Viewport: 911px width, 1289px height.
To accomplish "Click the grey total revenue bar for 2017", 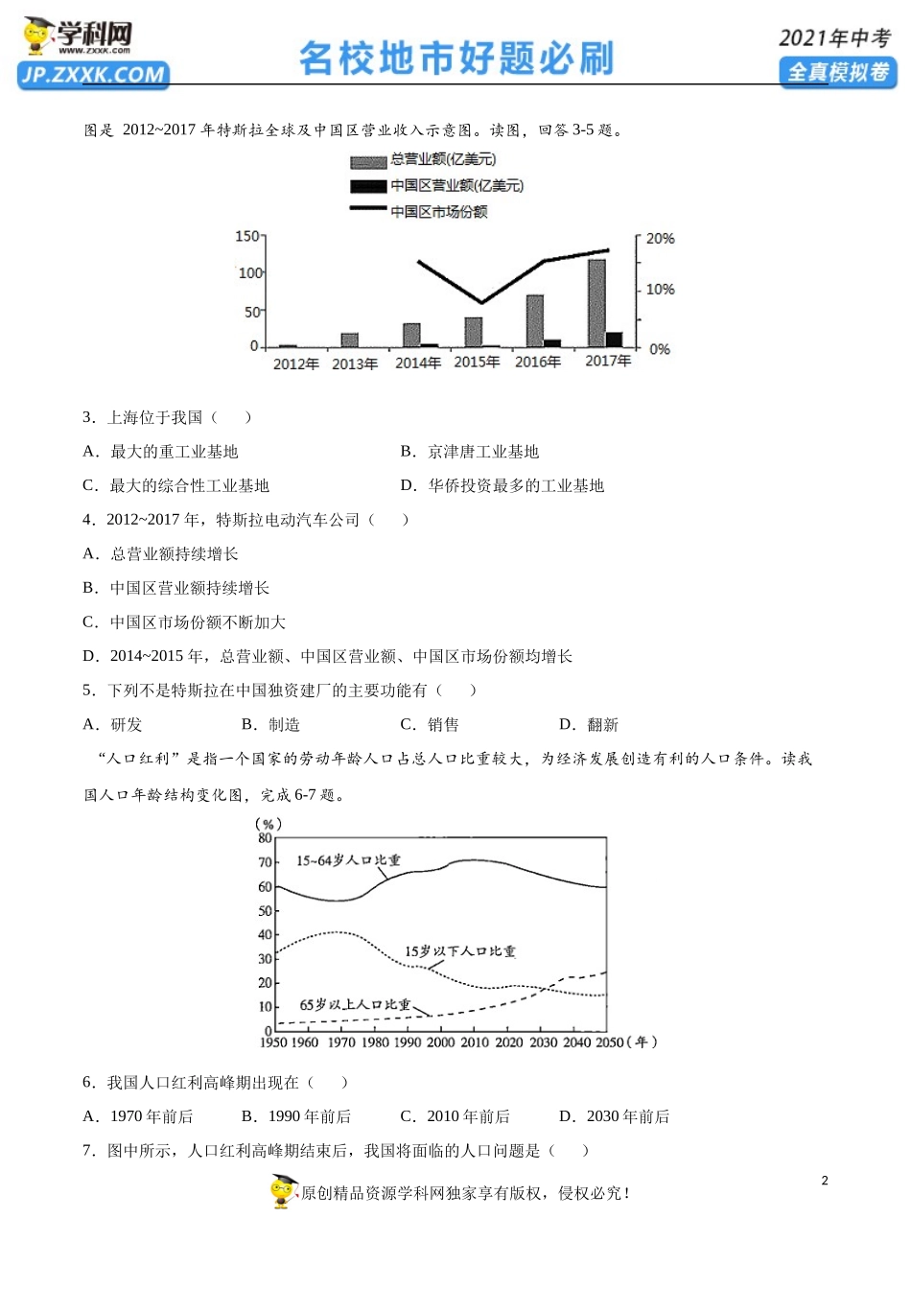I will [x=596, y=303].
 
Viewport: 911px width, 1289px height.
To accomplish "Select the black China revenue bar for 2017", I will [x=614, y=340].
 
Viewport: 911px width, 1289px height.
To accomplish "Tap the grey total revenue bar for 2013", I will [x=350, y=340].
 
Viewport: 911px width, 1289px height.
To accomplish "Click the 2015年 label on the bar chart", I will [x=477, y=363].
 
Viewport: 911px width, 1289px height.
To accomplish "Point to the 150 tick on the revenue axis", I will [x=246, y=236].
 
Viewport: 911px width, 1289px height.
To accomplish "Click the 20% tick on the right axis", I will [x=660, y=239].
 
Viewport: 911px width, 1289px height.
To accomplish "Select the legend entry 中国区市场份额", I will [x=438, y=212].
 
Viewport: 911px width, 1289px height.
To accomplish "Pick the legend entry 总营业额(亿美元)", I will [x=443, y=159].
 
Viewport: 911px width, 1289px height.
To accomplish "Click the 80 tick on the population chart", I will [x=266, y=837].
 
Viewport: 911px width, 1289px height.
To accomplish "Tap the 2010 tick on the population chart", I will [x=475, y=1043].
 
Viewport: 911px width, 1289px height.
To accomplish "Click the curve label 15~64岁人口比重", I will [x=348, y=861].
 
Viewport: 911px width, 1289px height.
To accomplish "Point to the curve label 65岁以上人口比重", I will [x=355, y=1005].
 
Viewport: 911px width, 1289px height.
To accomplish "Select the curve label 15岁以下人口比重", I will [x=459, y=951].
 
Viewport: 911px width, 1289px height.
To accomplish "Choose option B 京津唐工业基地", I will [x=482, y=452].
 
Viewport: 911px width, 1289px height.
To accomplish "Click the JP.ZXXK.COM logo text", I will [x=93, y=75].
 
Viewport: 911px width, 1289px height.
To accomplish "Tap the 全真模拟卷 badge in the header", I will [x=838, y=73].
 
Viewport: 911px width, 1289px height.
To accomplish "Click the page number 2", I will [x=825, y=1181].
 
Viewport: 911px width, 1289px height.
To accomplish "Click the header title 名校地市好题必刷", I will [x=456, y=59].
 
